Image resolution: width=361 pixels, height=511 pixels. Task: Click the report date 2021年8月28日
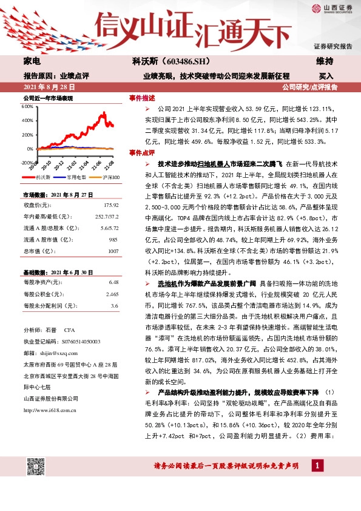[49, 87]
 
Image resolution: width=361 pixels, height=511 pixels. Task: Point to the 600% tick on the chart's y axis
[27, 106]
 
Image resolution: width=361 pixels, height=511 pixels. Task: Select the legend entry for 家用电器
[76, 177]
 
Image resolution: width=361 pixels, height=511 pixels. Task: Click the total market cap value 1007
[113, 251]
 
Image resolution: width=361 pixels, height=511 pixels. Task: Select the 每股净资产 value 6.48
[113, 282]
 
